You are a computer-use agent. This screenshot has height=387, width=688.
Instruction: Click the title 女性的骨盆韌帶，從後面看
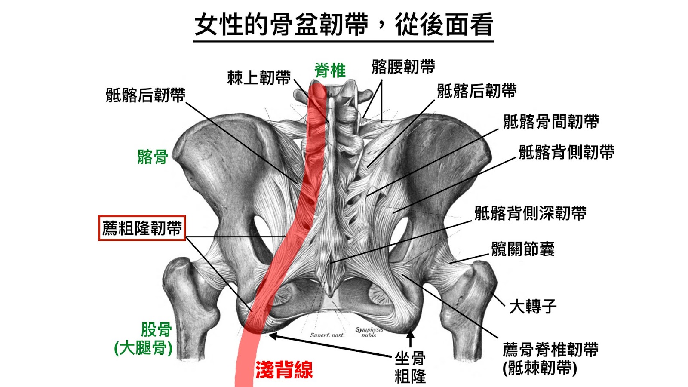coord(344,25)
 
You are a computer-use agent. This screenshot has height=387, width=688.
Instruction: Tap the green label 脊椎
coord(330,70)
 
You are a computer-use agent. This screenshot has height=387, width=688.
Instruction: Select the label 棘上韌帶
coord(259,78)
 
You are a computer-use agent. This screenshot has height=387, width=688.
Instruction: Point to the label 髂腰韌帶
coord(403,67)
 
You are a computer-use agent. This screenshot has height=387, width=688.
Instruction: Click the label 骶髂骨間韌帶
coord(551,121)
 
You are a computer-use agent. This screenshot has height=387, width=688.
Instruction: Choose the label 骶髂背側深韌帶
coord(530,213)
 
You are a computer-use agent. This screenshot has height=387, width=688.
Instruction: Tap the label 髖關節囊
coord(523,249)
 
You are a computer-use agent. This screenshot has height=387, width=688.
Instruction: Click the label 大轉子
coord(533,307)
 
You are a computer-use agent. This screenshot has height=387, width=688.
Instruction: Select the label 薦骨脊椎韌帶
coord(550,350)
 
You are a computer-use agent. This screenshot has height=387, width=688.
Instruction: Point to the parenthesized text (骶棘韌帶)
coord(540,368)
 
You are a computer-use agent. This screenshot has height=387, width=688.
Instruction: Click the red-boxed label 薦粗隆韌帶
coord(142,228)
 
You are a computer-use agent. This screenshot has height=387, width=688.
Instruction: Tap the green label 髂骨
coord(152,157)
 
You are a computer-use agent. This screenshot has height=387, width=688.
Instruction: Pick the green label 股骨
coord(156,330)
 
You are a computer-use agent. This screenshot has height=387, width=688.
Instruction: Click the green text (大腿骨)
coord(143,348)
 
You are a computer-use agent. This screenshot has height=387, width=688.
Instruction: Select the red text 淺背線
coord(284,369)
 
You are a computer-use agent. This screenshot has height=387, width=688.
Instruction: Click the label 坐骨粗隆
coord(410,367)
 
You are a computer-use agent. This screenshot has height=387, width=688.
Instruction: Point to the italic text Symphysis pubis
coord(369,332)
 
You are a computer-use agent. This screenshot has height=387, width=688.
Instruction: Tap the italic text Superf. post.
coord(327,335)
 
